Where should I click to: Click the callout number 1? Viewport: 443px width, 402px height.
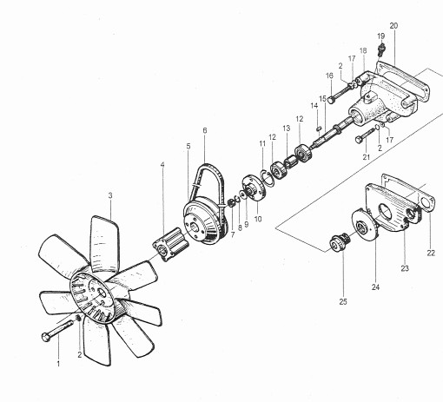pos(58,363)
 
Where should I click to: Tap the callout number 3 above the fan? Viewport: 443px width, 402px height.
pos(109,195)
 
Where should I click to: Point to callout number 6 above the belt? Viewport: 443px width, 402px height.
pos(204,130)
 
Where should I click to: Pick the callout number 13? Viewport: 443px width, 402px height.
pos(285,129)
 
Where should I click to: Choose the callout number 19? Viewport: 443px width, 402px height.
pos(380,36)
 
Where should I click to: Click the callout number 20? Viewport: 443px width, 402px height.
pos(393,26)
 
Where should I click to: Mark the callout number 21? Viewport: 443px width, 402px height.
pos(367,157)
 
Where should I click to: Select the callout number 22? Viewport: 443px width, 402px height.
pos(431,253)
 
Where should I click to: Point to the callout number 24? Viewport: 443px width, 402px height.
pos(375,286)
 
